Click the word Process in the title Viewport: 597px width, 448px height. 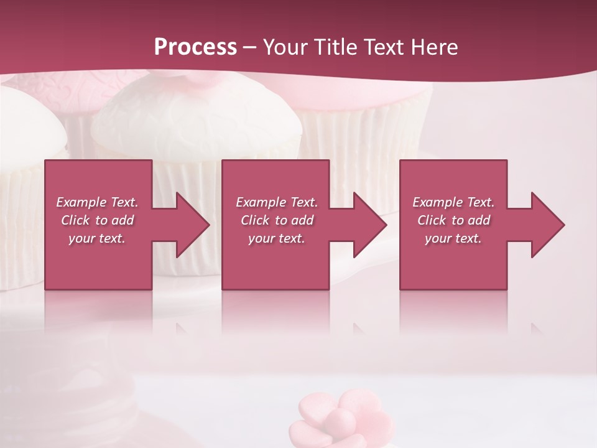(195, 47)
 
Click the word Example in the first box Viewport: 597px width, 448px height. (81, 202)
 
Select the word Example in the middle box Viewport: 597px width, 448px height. (260, 202)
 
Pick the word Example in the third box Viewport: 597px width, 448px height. (437, 202)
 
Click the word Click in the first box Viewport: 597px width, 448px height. (76, 220)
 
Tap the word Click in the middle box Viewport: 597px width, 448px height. (255, 220)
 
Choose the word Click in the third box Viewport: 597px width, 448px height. (432, 220)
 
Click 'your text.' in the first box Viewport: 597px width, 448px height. (97, 238)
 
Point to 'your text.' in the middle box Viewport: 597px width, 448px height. (276, 238)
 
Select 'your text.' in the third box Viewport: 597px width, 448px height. (453, 238)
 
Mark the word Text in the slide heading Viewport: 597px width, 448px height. (382, 47)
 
